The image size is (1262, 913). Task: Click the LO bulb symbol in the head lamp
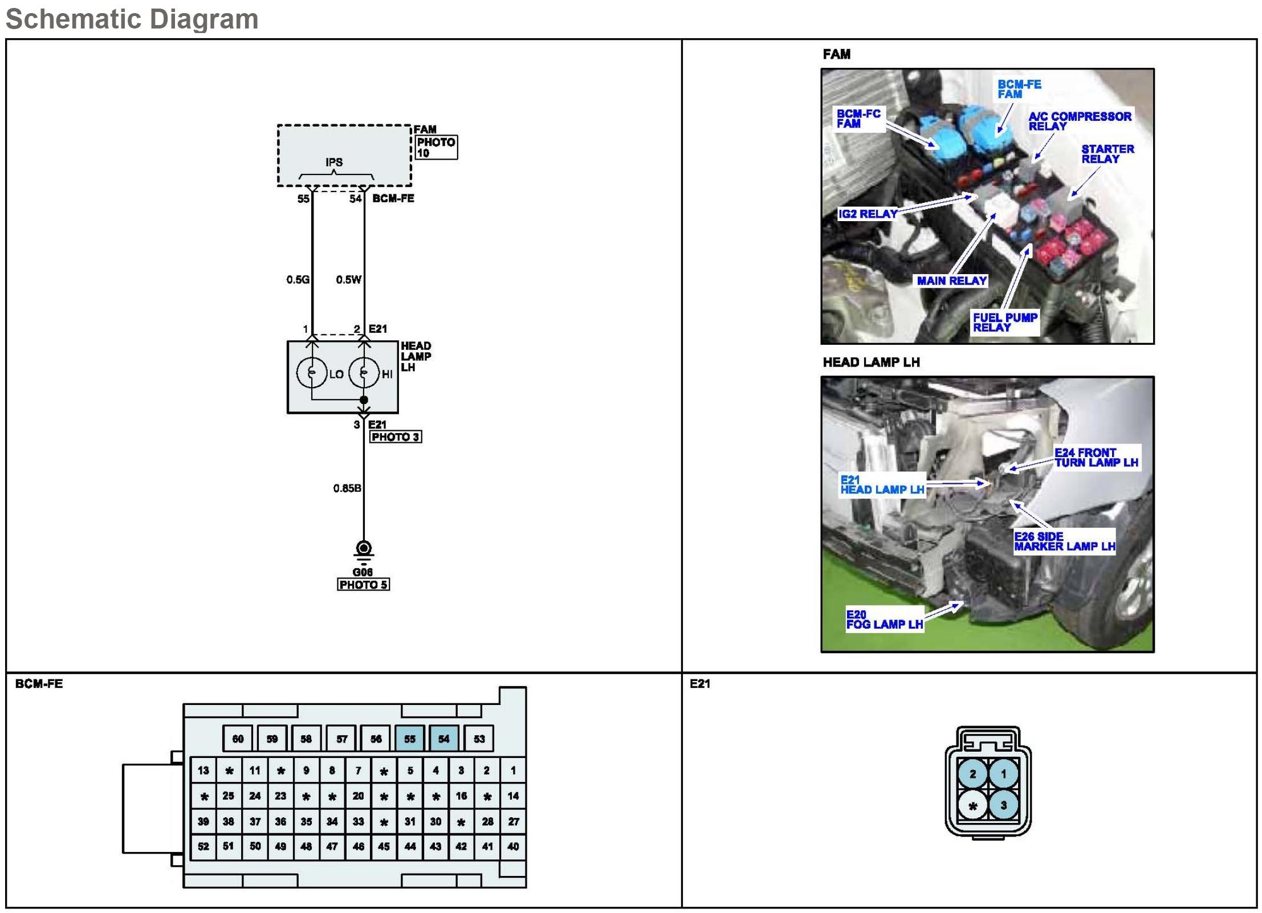312,373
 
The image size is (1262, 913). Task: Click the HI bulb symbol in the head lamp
363,373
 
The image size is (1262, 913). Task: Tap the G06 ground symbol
364,550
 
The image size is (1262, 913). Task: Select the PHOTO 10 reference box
436,148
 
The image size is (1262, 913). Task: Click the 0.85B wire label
347,488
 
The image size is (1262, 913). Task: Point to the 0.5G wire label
298,280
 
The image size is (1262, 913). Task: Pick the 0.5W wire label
349,280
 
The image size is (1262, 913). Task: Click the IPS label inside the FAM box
334,162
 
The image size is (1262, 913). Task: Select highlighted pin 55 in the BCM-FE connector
410,739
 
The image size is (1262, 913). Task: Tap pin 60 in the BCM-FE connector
238,739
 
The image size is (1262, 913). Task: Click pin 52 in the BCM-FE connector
203,846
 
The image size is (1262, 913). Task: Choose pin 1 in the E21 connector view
1004,774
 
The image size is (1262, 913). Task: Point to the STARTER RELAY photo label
1108,154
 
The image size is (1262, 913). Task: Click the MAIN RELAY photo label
951,281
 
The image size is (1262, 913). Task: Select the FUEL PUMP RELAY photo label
1005,323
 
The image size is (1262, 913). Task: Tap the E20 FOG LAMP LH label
884,619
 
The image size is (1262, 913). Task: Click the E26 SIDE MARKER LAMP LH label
1064,541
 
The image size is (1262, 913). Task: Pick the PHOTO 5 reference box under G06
363,585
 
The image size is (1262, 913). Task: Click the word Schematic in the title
66,19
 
